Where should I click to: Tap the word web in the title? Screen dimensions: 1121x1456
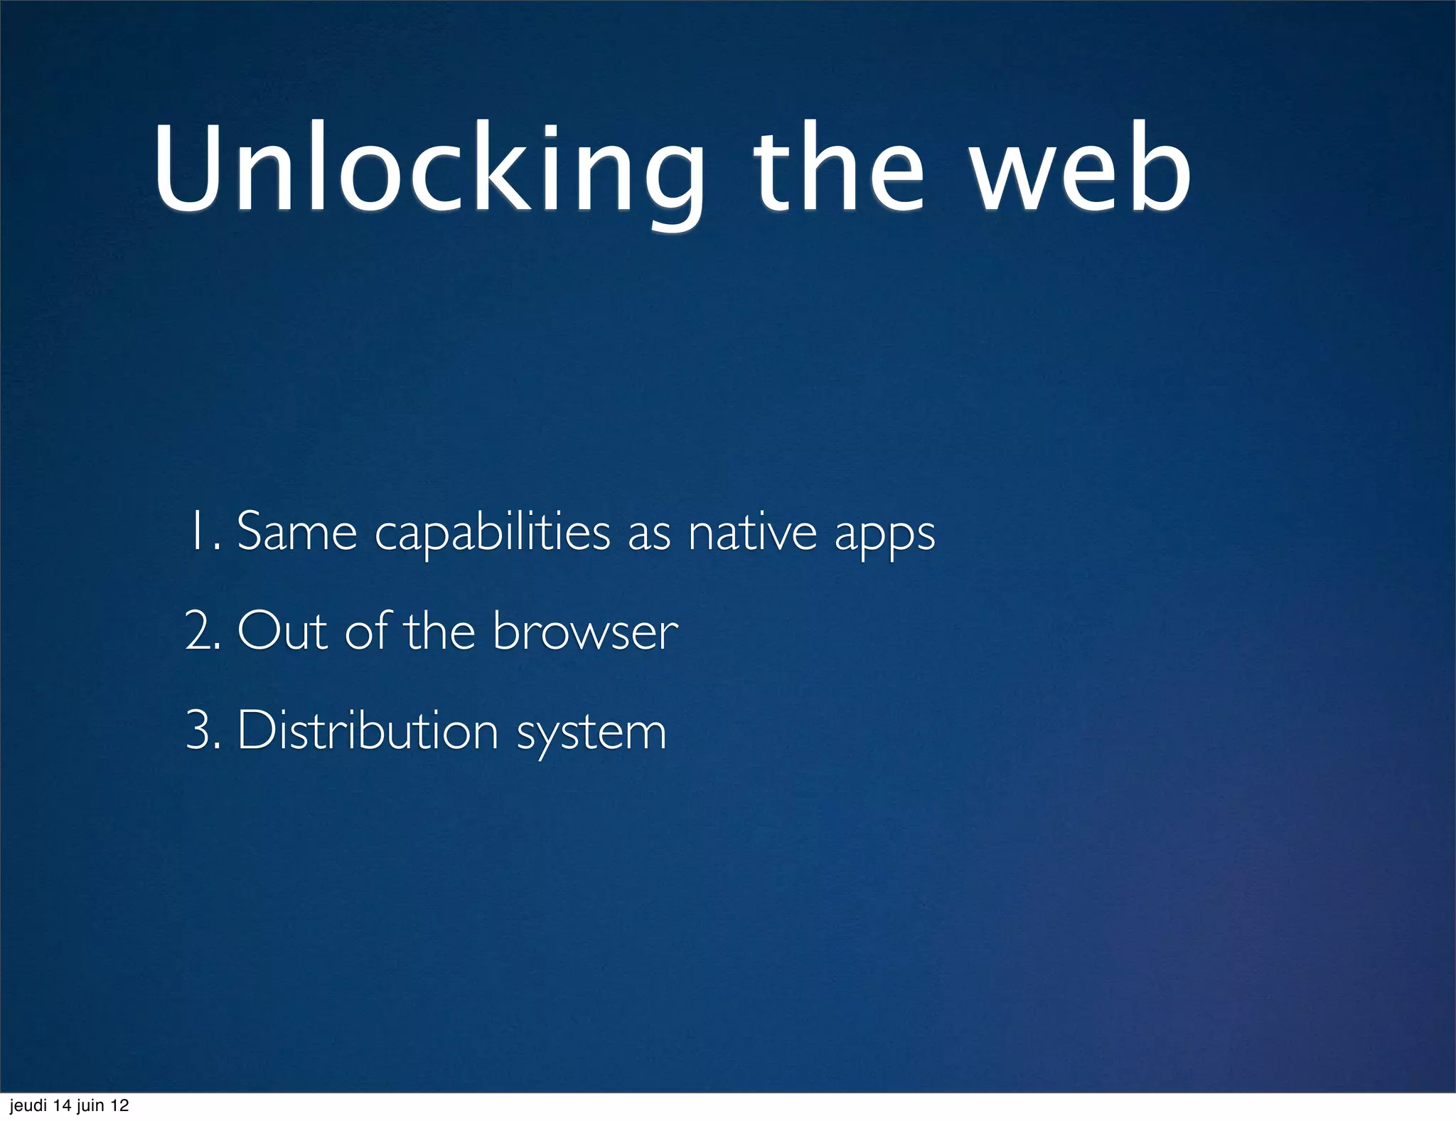(x=1081, y=171)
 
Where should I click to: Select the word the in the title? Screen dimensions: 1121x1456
(x=839, y=171)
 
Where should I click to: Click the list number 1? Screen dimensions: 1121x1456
(x=200, y=531)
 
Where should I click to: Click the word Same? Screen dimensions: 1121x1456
(x=296, y=532)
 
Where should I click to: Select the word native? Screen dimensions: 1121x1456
(x=752, y=532)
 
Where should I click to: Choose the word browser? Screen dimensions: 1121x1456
(x=585, y=632)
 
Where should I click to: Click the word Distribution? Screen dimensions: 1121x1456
(x=368, y=731)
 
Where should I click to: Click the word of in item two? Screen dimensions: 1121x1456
(x=367, y=630)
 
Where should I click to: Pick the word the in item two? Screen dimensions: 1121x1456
(x=439, y=632)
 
